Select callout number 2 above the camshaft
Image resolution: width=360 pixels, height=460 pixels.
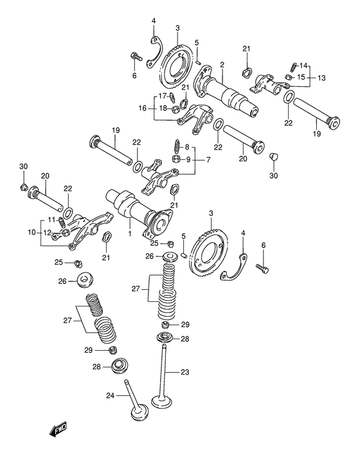[x=221, y=64]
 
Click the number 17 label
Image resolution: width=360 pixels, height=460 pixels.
[x=162, y=96]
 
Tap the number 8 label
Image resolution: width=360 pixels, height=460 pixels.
[x=188, y=147]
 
